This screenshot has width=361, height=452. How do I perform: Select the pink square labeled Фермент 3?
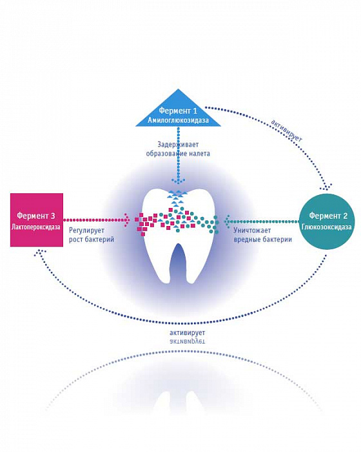coord(37,220)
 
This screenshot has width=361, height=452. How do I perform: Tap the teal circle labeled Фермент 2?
coord(327,221)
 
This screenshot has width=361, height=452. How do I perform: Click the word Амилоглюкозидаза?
coord(178,120)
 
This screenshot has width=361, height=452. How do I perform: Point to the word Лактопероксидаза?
coord(36,227)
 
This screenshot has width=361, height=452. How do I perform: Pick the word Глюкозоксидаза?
coord(327,227)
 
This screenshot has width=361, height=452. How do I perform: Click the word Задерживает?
coord(178,144)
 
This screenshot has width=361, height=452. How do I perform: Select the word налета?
coord(198,154)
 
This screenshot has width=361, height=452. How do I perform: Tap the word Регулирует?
coord(86,231)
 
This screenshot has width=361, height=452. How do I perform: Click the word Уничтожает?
coord(252,231)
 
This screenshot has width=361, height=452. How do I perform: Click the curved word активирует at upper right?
coord(286,131)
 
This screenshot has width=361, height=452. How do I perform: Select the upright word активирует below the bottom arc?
coord(187,333)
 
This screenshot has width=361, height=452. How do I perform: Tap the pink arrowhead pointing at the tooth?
coord(126,220)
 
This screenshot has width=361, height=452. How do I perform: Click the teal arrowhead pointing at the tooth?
coord(227,221)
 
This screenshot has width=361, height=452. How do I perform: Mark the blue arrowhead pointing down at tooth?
coord(179,181)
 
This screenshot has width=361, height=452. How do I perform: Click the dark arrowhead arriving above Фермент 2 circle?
coord(327,187)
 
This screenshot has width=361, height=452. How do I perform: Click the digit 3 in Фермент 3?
coord(52,215)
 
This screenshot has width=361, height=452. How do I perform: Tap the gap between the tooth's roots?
coord(178,263)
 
